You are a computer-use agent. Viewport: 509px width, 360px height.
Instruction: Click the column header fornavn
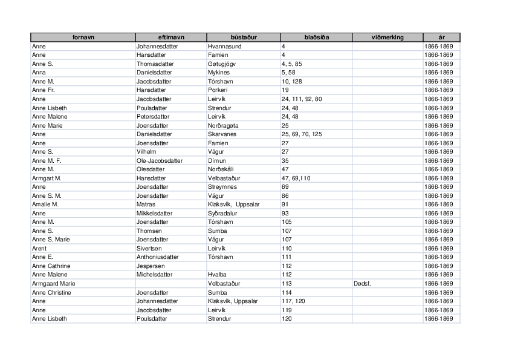pyautogui.click(x=83, y=38)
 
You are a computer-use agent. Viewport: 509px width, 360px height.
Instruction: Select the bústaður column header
pyautogui.click(x=244, y=38)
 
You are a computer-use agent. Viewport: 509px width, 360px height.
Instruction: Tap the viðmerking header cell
pyautogui.click(x=387, y=38)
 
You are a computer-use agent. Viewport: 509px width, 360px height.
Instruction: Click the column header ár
pyautogui.click(x=441, y=38)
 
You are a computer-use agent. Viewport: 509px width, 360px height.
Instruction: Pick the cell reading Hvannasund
pyautogui.click(x=223, y=46)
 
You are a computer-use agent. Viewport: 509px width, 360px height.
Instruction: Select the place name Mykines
pyautogui.click(x=218, y=73)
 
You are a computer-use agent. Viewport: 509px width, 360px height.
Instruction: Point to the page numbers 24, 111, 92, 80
pyautogui.click(x=302, y=99)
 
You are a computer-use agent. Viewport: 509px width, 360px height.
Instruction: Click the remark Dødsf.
pyautogui.click(x=362, y=284)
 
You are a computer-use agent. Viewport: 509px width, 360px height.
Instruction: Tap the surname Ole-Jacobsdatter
pyautogui.click(x=160, y=160)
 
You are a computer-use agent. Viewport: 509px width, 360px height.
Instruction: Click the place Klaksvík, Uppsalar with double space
pyautogui.click(x=233, y=205)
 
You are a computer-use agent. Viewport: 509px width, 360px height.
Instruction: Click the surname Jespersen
pyautogui.click(x=151, y=266)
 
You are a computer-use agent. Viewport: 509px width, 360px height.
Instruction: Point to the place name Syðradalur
pyautogui.click(x=224, y=213)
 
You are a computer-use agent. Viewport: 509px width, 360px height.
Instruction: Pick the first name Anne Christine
pyautogui.click(x=51, y=292)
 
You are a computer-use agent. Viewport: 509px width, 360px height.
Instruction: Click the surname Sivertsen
pyautogui.click(x=151, y=248)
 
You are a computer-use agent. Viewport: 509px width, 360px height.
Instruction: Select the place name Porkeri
pyautogui.click(x=218, y=90)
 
